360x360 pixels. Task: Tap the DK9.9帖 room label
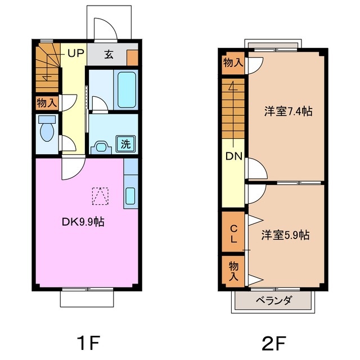83,222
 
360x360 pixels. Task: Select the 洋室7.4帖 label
288,111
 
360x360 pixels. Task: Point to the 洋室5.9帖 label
285,235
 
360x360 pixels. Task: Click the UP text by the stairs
76,54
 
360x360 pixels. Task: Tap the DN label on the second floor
234,156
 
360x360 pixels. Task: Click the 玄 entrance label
109,55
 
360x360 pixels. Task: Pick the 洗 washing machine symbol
126,143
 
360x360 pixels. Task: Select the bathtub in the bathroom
127,89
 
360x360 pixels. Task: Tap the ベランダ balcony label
273,300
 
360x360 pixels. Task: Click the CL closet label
233,233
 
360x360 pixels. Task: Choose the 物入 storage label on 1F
47,103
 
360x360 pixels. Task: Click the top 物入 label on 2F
232,62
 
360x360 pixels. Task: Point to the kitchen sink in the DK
130,196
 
